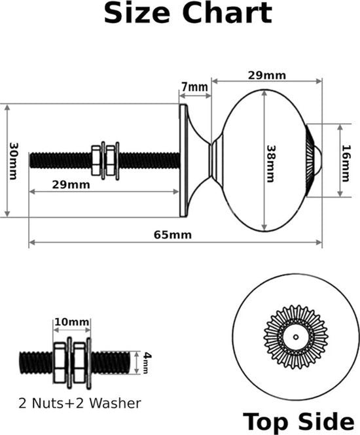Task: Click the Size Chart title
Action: [x=188, y=13]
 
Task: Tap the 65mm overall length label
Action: [x=173, y=235]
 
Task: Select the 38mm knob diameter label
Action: [x=270, y=164]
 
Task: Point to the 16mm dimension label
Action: [x=346, y=163]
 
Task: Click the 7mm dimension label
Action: [x=194, y=87]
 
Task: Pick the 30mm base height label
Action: [x=13, y=161]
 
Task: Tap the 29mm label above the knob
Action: [x=267, y=75]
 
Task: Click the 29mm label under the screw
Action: [x=71, y=184]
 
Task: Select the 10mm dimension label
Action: [x=72, y=322]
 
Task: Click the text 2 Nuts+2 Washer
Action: [x=80, y=403]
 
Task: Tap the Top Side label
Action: [x=298, y=422]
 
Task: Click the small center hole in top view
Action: [x=296, y=337]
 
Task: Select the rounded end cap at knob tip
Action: [x=318, y=160]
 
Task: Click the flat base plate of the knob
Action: [x=183, y=160]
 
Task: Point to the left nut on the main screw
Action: [x=96, y=160]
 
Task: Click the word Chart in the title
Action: [x=227, y=13]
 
